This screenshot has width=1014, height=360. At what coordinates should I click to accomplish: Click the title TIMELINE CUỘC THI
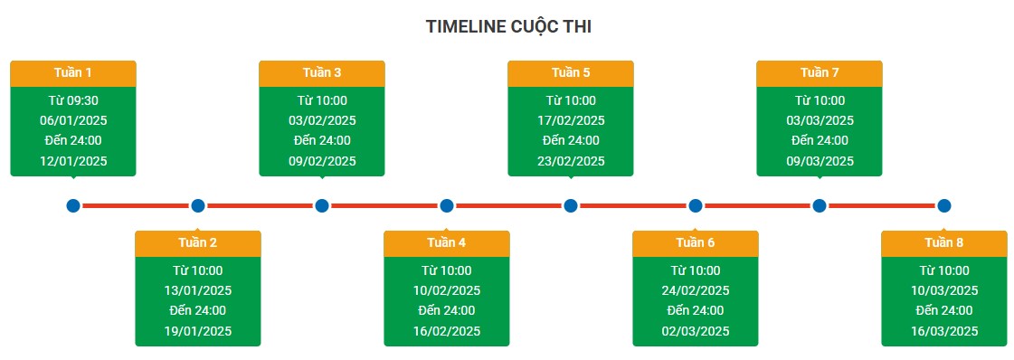tap(508, 27)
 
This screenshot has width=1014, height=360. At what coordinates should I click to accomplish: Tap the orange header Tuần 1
tap(73, 73)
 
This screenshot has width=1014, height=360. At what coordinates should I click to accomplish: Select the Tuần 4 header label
tap(447, 243)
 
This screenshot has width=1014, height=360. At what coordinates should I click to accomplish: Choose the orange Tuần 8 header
tap(944, 243)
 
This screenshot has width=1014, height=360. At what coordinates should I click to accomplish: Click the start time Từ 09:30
tap(73, 100)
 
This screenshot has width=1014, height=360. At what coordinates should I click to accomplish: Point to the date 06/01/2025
tap(73, 120)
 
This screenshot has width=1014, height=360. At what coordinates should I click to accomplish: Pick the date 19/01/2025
tap(198, 331)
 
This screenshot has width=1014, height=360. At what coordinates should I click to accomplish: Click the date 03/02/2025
tap(322, 120)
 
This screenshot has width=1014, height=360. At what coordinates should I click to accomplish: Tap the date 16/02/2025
tap(447, 331)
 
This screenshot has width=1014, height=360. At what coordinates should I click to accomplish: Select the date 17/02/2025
tap(571, 120)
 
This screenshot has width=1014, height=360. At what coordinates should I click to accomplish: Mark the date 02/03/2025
tap(696, 331)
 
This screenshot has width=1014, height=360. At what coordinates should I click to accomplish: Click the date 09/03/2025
tap(820, 161)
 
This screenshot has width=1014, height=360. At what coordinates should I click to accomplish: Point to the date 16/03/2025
tap(944, 331)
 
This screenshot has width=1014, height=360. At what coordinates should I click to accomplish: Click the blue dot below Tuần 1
tap(73, 206)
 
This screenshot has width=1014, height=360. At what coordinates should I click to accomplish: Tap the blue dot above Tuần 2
tap(198, 206)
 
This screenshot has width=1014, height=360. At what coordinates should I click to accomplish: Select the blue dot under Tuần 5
tap(571, 206)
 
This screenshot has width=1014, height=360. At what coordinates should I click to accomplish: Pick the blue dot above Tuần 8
tap(944, 206)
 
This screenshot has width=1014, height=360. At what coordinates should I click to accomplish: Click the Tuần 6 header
tap(696, 243)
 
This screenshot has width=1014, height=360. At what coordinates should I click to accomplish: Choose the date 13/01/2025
tap(198, 290)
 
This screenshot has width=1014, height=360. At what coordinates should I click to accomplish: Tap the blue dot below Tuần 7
tap(820, 206)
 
